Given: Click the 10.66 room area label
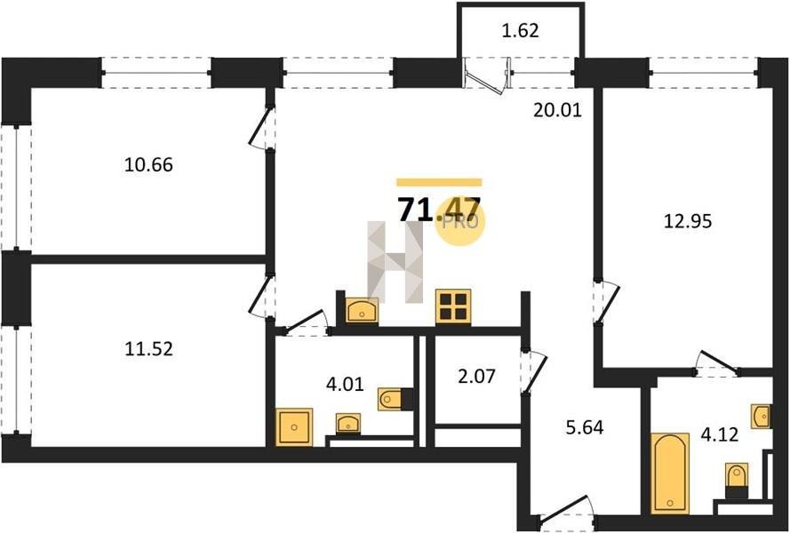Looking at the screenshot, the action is point(148,164).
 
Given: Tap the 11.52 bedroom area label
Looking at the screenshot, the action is point(148,348).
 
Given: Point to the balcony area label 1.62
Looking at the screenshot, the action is point(521,31).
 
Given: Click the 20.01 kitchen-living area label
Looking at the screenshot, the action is point(557,110).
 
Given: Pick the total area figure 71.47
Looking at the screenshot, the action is point(439,209).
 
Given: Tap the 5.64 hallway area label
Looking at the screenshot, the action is point(584,427).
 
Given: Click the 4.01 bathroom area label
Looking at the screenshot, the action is point(345,385).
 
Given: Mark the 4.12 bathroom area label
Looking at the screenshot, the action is point(720,434).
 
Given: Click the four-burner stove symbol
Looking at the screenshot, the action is point(453,306).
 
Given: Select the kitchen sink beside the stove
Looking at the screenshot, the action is point(362,310).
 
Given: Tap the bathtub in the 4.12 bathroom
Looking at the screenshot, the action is point(669,473).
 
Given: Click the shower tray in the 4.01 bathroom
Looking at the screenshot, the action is point(294,427).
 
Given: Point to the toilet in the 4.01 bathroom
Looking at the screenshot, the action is point(395,400).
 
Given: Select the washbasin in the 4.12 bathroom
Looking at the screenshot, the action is point(762,416).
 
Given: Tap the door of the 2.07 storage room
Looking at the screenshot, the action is point(534,370).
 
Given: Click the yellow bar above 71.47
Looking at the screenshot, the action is point(439,182).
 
